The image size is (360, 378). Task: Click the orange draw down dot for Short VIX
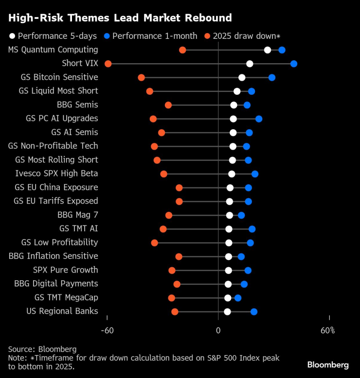coord(108,64)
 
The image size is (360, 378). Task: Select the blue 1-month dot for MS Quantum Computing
coord(282,50)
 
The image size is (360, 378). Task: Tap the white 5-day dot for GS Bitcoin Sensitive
coord(242,78)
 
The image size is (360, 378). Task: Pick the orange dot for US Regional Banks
coord(175,311)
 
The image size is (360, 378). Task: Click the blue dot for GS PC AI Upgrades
coord(259,119)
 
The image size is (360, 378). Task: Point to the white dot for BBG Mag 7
coord(230,215)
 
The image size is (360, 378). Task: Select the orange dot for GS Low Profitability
coord(155,242)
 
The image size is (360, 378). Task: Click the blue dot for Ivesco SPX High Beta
coord(255,174)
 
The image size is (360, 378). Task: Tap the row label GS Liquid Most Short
coord(58,91)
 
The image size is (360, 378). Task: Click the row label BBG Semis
coord(77,104)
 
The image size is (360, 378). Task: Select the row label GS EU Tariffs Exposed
coord(56,201)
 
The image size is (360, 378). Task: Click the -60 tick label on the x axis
coord(107,331)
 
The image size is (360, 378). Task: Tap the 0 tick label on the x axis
coord(218,331)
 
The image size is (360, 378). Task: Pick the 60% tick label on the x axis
coord(327,331)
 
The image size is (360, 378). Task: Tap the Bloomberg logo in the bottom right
coord(328,364)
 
